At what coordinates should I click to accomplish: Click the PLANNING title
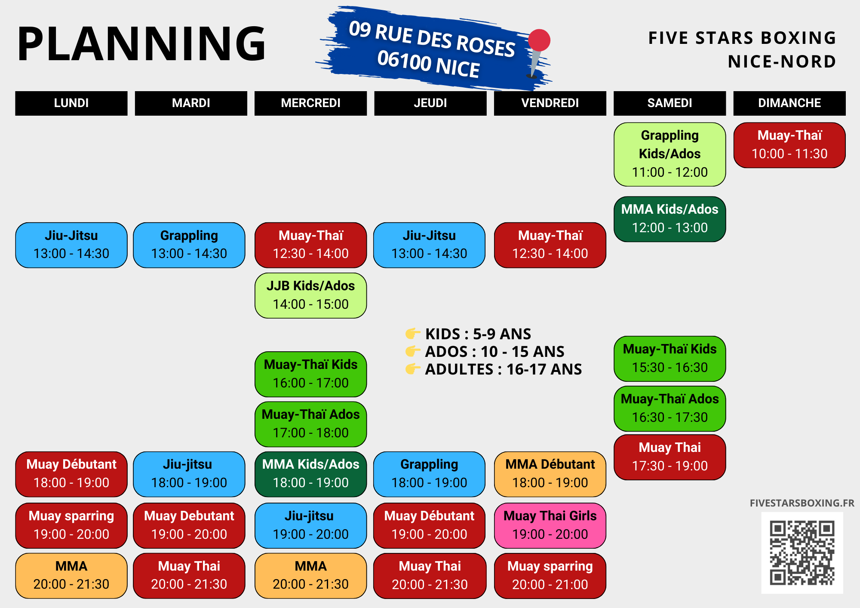[142, 44]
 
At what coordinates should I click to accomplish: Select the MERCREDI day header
[310, 103]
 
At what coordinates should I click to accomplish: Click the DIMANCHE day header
[789, 103]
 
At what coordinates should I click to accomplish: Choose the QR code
[802, 553]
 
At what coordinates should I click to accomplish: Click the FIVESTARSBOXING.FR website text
[802, 503]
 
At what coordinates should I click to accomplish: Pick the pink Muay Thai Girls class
[550, 525]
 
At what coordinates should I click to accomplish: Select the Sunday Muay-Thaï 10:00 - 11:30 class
[789, 145]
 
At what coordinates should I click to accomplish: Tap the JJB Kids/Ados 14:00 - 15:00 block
[310, 295]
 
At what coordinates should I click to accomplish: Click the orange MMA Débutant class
[550, 474]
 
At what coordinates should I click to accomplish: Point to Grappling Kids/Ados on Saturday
[670, 154]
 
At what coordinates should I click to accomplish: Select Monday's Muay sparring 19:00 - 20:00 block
[71, 525]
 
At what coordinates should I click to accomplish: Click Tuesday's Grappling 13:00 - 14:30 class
[189, 245]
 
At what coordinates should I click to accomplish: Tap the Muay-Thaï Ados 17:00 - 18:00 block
[310, 424]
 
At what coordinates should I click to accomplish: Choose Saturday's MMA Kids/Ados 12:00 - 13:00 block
[670, 219]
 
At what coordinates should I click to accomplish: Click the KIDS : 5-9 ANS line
[478, 334]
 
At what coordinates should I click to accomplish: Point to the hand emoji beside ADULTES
[412, 369]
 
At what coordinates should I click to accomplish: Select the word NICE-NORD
[782, 62]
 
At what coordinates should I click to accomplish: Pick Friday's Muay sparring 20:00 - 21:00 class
[550, 576]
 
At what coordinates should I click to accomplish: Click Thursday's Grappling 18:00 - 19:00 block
[429, 474]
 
